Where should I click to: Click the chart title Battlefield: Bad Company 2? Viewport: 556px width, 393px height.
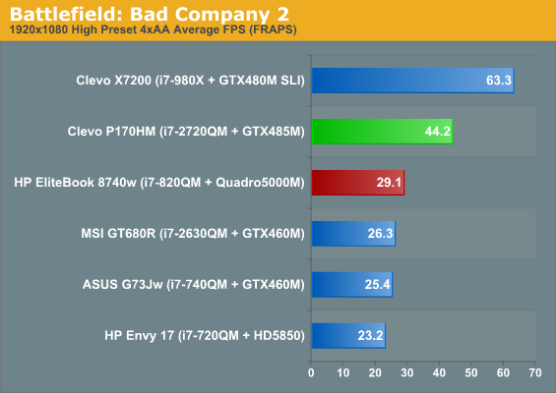tap(150, 14)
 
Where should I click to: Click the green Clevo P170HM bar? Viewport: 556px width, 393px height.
tap(382, 132)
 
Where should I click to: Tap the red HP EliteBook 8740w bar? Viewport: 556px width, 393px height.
tap(358, 183)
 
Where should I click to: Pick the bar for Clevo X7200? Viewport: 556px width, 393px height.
tap(413, 81)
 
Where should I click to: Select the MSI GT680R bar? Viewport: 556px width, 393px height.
tap(353, 234)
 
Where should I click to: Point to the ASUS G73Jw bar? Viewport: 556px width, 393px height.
tap(352, 285)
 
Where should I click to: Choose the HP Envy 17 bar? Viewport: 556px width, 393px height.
tap(348, 336)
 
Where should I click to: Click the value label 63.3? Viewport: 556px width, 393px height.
tap(499, 81)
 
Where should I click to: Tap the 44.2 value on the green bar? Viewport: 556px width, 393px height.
tap(438, 132)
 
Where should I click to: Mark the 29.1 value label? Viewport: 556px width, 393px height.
tap(389, 183)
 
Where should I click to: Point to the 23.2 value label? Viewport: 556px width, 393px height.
tap(370, 335)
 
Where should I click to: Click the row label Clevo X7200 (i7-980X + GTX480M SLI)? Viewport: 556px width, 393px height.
tap(190, 81)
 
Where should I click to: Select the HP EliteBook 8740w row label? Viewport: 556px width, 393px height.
tap(159, 183)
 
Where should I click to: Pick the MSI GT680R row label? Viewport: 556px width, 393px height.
tap(193, 234)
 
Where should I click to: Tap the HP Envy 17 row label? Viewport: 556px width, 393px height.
tap(205, 336)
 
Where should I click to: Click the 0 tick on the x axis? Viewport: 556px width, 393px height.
tap(311, 372)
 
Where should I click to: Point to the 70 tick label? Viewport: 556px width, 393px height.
tap(535, 372)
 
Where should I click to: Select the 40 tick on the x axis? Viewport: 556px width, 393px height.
tap(439, 372)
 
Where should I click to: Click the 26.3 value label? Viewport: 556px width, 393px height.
tap(380, 233)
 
